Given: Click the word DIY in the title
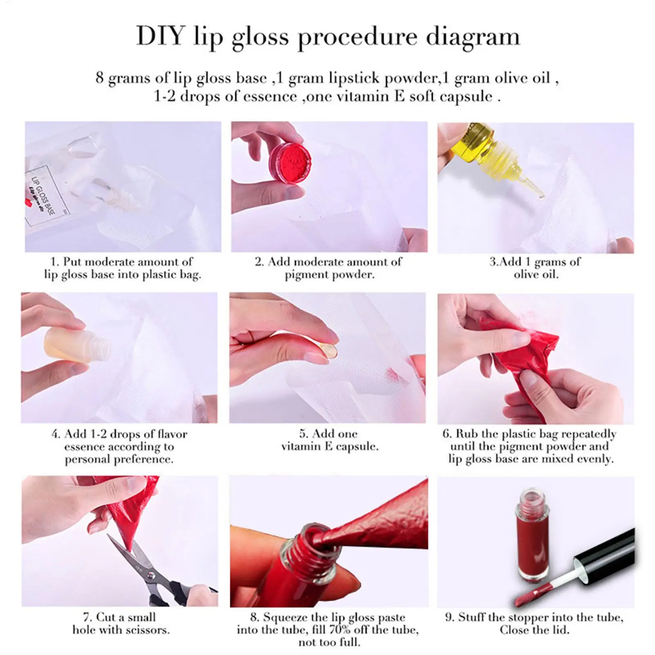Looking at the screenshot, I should coord(160,36).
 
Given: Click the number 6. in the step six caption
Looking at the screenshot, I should coord(447,434).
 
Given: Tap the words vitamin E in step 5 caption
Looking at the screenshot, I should coord(306,446).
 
